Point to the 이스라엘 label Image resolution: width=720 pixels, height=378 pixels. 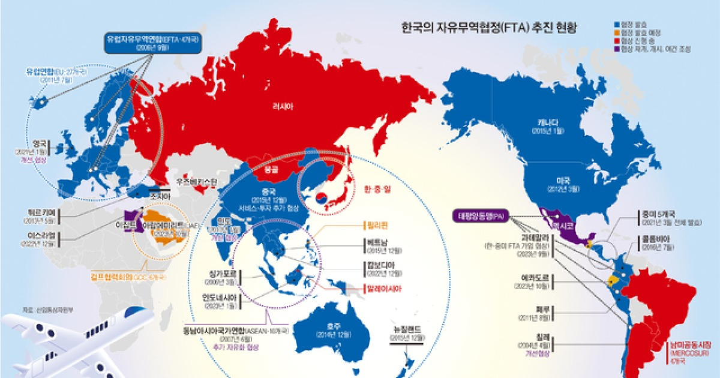click(39, 236)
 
